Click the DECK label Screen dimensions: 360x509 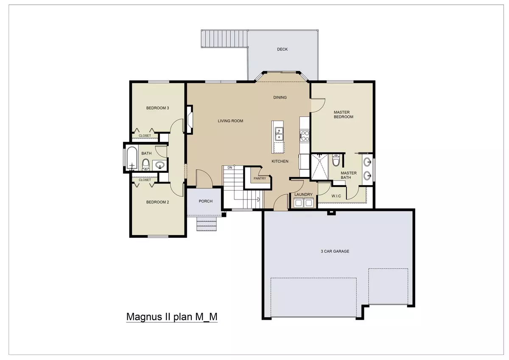(x=282, y=49)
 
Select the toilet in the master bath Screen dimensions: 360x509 (x=336, y=160)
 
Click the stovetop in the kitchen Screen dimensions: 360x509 (x=305, y=135)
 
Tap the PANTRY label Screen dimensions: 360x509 (x=260, y=178)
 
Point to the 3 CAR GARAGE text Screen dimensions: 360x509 (x=335, y=251)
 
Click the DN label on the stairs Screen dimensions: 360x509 (x=229, y=168)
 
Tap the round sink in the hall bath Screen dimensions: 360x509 (x=160, y=165)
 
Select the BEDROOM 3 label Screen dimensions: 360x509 (x=157, y=108)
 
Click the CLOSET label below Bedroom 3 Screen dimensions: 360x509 (x=145, y=136)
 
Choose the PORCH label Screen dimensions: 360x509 (x=205, y=201)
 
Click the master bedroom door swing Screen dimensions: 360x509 (x=318, y=104)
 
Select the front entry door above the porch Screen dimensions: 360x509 (x=203, y=177)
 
